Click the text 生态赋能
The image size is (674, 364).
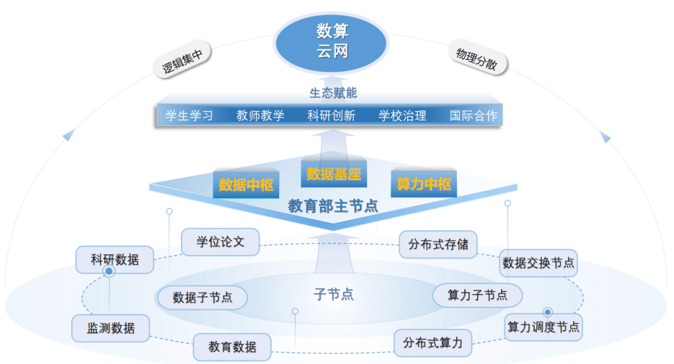333,93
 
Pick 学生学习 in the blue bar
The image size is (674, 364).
189,115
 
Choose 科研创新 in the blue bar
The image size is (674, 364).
331,115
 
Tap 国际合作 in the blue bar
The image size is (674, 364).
474,115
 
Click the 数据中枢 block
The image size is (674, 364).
247,184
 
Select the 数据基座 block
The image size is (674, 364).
334,174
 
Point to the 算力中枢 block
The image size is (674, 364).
424,184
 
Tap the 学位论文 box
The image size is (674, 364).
220,242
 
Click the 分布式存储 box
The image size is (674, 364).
438,244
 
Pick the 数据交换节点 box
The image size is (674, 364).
538,263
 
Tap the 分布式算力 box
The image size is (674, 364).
433,342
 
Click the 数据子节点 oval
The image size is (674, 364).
202,297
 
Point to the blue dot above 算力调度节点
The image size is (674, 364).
547,312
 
